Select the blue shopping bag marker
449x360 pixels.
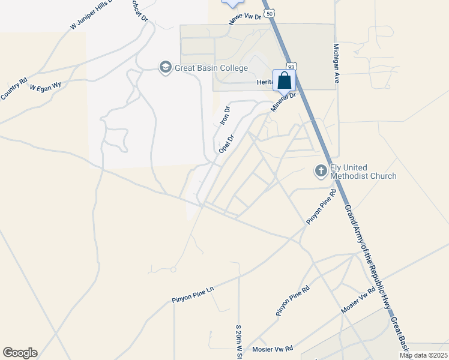tap(284, 80)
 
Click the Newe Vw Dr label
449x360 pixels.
tap(246, 19)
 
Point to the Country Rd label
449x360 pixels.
tap(13, 89)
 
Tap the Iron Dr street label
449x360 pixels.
tap(225, 115)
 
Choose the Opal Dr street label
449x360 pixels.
tap(226, 143)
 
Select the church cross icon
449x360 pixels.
tap(321, 171)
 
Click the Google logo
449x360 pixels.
tap(20, 353)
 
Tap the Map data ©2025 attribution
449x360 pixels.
tap(423, 355)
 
